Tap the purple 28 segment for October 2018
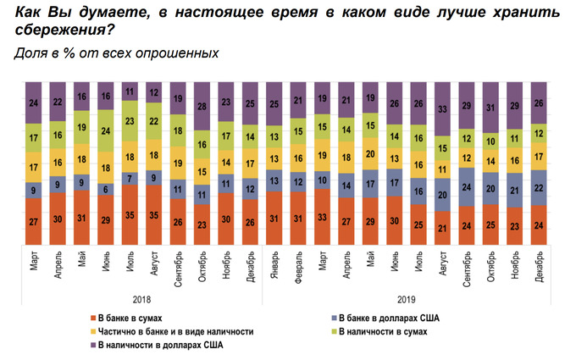(x=202, y=106)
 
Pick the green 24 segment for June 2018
(x=106, y=131)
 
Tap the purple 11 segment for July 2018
(x=130, y=91)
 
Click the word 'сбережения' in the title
(x=64, y=30)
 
